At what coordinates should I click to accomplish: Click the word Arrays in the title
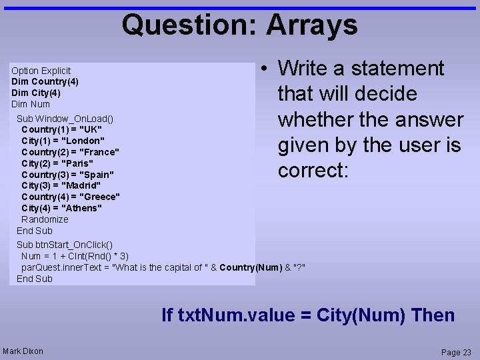pos(312,25)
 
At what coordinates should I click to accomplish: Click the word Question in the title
pos(189,25)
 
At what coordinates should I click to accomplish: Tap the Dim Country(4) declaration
pos(45,81)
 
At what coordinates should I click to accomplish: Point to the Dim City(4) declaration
pos(36,93)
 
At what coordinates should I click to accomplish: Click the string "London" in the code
pos(82,141)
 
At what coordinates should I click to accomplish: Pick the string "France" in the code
pos(99,152)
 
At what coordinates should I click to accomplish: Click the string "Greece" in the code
pos(99,197)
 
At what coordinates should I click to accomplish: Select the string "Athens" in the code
pos(81,208)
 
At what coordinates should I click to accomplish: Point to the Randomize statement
pos(45,219)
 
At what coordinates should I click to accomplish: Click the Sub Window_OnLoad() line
pos(65,119)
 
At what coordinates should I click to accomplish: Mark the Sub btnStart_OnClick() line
pos(65,245)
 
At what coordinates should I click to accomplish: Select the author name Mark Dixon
pos(23,351)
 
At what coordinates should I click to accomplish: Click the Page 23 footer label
pos(456,352)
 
